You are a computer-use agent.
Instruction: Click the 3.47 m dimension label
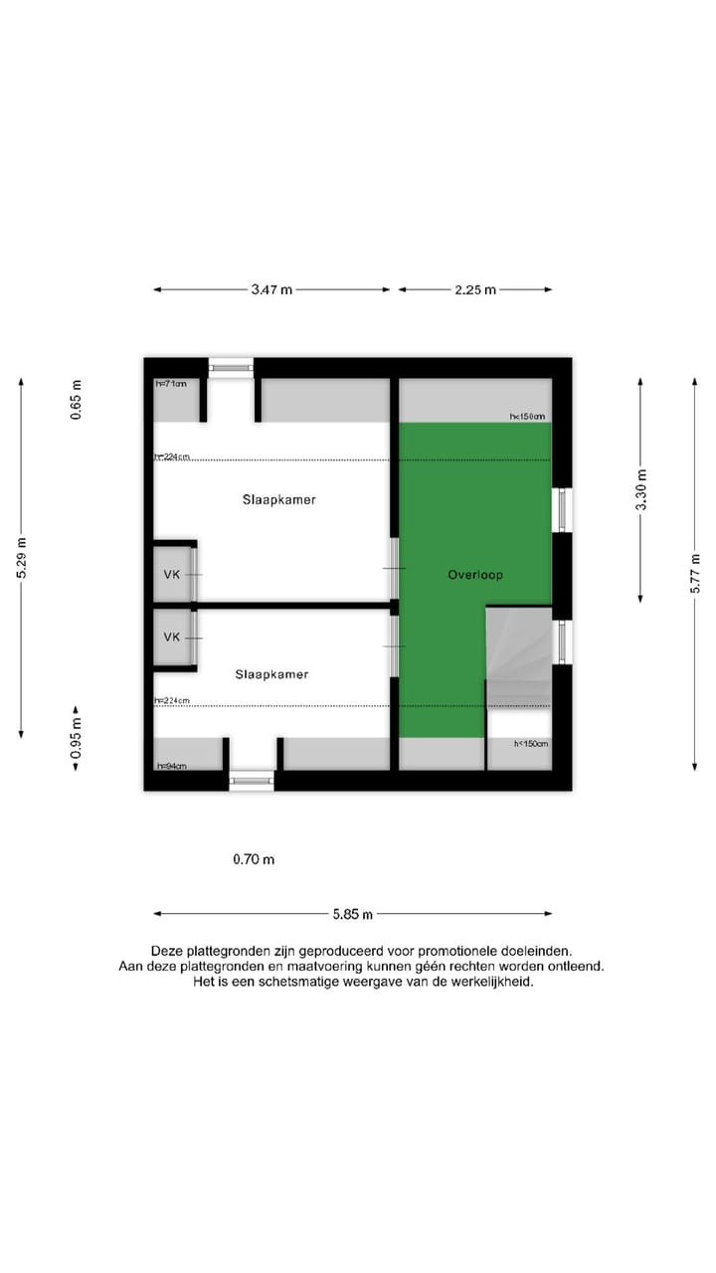click(271, 289)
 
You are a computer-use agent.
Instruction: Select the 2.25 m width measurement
click(474, 289)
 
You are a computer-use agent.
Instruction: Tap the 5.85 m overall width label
click(353, 914)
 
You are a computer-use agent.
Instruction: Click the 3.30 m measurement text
click(641, 489)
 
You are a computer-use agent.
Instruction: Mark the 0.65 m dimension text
click(77, 399)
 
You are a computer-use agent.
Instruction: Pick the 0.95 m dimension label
click(77, 738)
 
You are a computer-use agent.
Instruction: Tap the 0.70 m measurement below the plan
click(254, 859)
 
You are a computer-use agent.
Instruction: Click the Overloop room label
click(474, 575)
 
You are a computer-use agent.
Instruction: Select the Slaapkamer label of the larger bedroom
click(278, 500)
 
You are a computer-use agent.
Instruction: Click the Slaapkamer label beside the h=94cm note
click(271, 674)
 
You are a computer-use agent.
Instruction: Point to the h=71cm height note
click(170, 384)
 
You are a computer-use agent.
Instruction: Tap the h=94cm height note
click(170, 765)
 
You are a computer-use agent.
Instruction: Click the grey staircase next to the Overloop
click(518, 657)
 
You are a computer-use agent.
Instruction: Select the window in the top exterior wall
click(231, 367)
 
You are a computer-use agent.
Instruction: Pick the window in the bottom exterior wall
click(252, 782)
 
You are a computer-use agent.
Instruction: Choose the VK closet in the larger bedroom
click(172, 574)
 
